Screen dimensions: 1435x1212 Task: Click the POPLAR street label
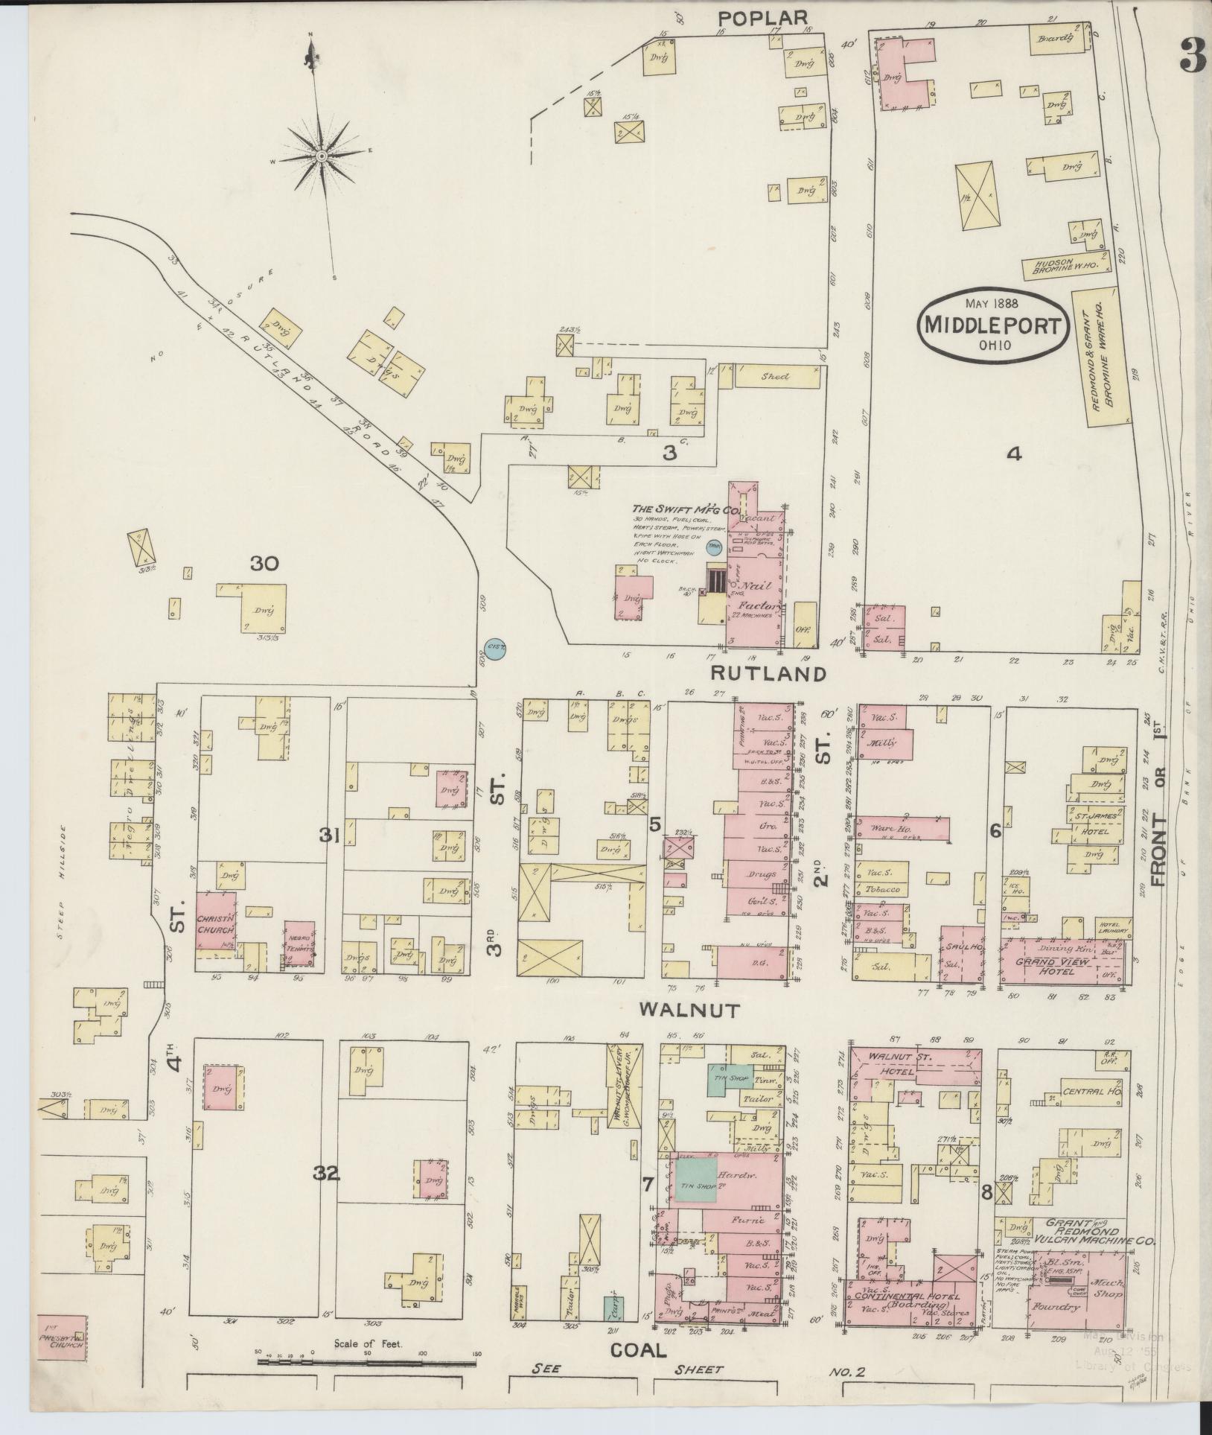762,17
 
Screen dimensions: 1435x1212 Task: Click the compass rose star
321,156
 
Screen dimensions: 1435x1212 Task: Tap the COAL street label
638,1350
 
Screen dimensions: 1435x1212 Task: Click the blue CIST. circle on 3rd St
495,649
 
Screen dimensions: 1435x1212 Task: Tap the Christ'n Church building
217,920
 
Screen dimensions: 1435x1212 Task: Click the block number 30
264,564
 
